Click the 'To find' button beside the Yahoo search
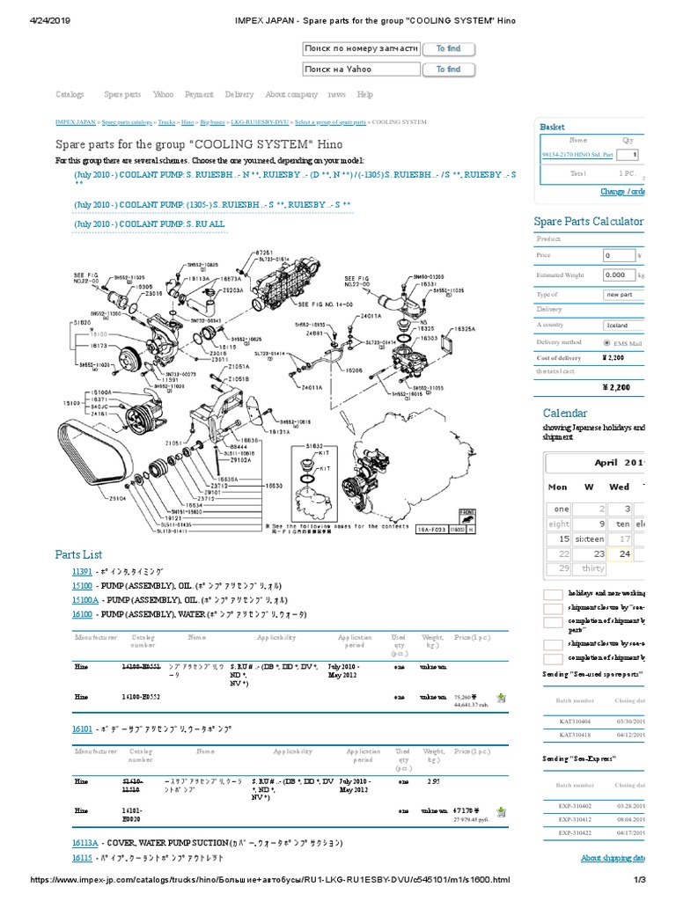coord(449,70)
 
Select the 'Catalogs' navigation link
coord(70,94)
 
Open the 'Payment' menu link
coord(199,94)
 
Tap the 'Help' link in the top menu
coord(365,94)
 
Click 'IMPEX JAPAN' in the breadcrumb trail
coord(75,124)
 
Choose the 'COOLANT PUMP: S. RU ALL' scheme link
coord(150,224)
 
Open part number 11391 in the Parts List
coord(81,572)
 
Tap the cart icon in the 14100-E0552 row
coord(501,698)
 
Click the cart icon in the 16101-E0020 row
coord(501,811)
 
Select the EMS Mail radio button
coord(607,342)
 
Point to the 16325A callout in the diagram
coord(465,328)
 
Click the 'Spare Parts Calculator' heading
coord(588,222)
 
